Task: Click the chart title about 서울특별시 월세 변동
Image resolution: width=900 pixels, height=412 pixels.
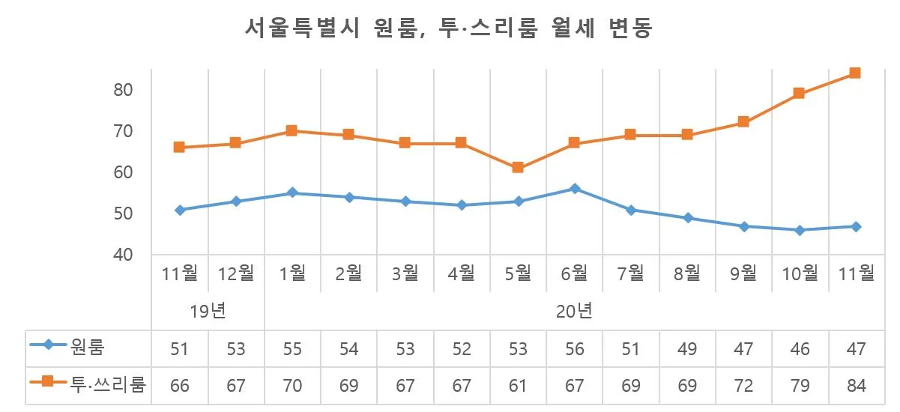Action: [450, 29]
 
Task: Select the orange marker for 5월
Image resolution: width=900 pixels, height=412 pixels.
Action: [518, 168]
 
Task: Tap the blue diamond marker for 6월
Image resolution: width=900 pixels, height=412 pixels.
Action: [575, 189]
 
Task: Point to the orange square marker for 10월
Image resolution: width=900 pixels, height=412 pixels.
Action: [799, 94]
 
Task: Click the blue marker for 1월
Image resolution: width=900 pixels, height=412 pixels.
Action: [292, 193]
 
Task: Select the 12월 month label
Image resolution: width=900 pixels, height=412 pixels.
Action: [236, 274]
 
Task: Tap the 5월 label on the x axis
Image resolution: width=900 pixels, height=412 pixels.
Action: [518, 274]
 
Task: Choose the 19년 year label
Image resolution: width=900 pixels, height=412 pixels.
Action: [208, 310]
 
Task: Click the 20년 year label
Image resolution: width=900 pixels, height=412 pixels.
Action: [574, 310]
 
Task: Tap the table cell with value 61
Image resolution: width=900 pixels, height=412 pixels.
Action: [518, 386]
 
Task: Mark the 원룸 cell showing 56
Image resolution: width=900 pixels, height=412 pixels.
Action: [574, 348]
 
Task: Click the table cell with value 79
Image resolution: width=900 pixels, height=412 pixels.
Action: [799, 386]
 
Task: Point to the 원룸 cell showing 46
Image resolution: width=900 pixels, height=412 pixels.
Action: [799, 348]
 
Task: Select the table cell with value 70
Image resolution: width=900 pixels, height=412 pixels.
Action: [292, 386]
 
